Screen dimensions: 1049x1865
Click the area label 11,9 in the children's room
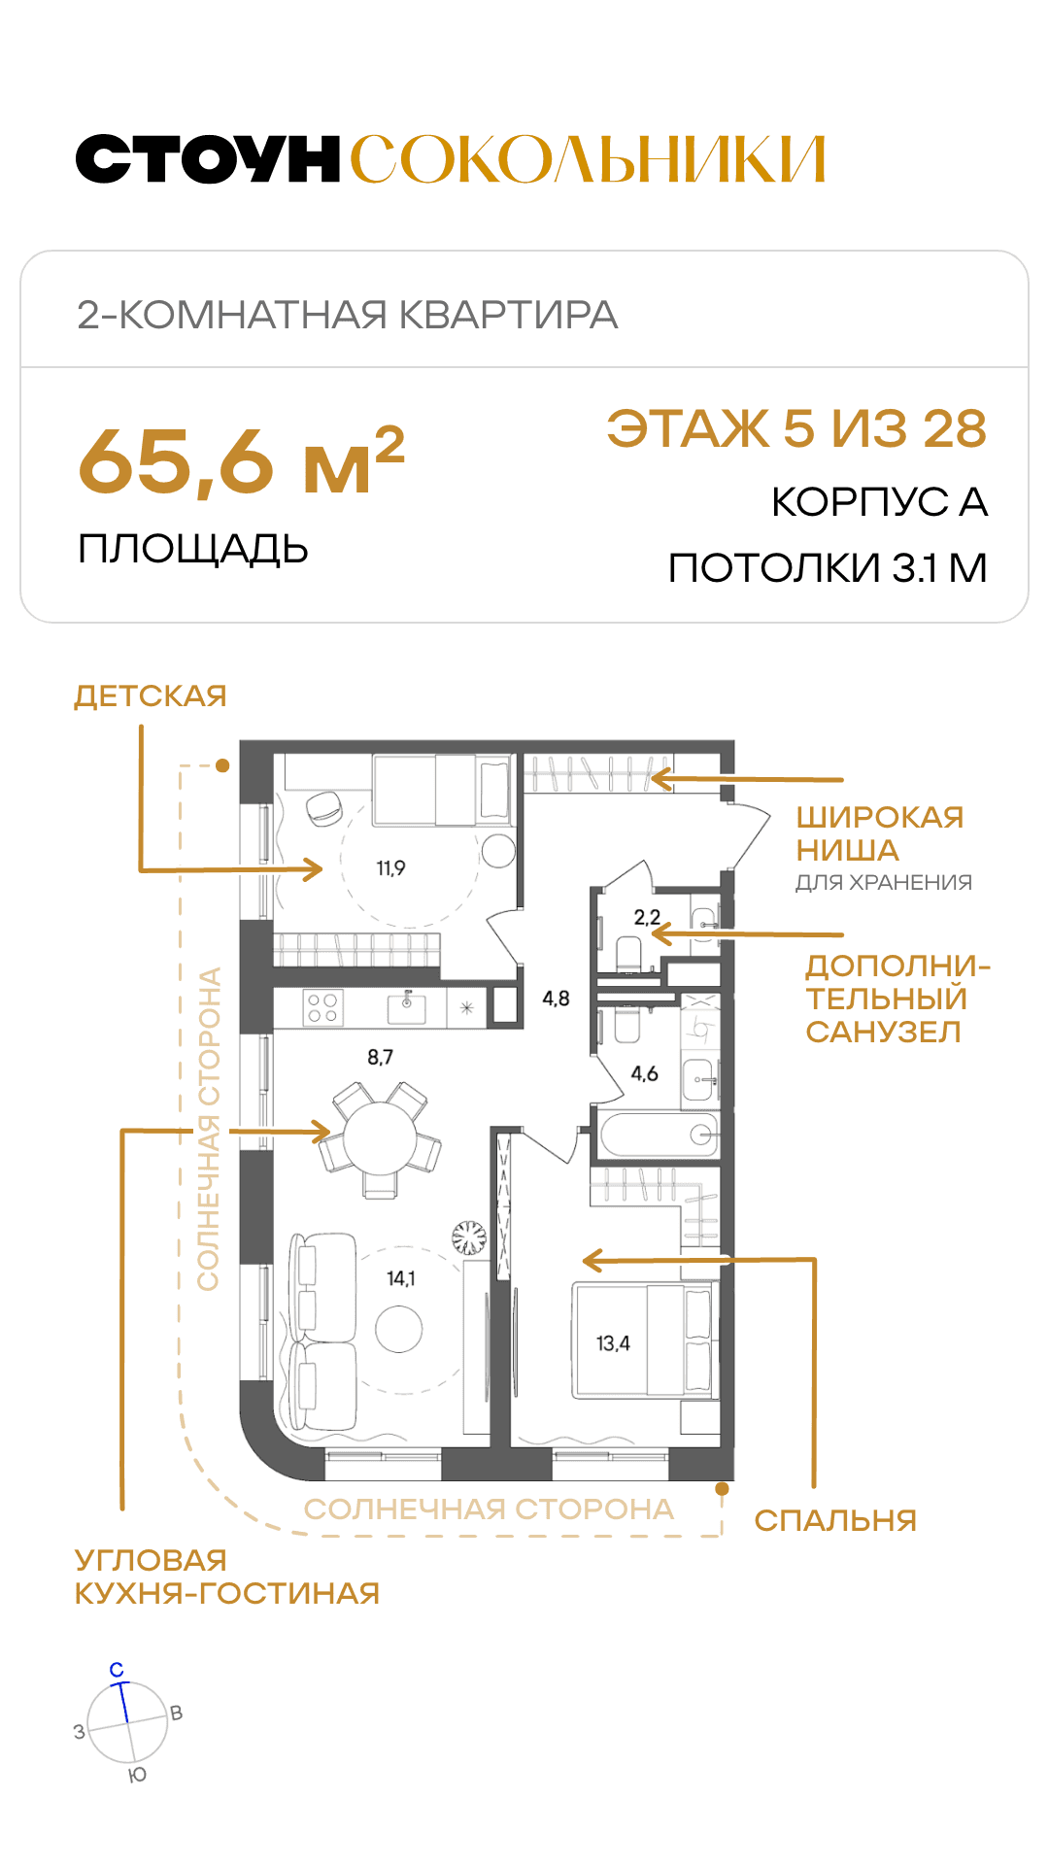coord(390,868)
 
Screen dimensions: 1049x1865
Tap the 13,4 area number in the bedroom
coord(613,1343)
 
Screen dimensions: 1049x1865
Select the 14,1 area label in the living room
coord(400,1278)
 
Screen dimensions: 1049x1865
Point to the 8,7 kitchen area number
coord(380,1057)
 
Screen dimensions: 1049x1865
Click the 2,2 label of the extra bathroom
coord(647,917)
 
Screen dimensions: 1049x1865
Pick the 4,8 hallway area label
coord(556,999)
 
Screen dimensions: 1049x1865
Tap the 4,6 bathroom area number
coord(644,1073)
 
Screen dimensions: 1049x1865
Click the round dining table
coord(381,1138)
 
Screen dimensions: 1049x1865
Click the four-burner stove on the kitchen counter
coord(322,1008)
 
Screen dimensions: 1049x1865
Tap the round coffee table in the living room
coord(399,1329)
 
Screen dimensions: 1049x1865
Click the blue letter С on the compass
coord(117,1670)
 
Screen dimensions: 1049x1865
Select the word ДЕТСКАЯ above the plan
coord(151,696)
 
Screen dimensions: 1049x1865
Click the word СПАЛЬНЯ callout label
coord(835,1520)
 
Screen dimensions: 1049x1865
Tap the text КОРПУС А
coord(879,502)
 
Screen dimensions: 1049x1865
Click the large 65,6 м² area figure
coord(241,460)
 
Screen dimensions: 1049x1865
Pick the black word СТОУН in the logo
coord(208,159)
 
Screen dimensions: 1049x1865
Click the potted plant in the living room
coord(469,1238)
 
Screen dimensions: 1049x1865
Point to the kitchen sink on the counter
coord(407,1007)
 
